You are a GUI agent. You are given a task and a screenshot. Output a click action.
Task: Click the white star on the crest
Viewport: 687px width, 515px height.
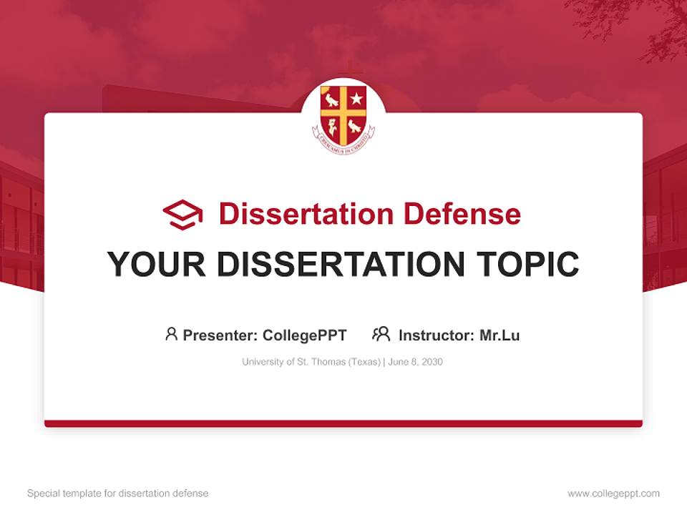[356, 99]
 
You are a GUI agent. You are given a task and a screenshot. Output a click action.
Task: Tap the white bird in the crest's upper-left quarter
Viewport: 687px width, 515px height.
[331, 99]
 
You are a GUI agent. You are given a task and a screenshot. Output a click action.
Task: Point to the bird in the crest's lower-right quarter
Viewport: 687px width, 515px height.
[355, 126]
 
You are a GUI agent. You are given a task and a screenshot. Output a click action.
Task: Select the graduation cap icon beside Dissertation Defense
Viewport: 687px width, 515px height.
[182, 214]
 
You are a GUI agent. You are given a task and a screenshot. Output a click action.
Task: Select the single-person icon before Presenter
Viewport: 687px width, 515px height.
[171, 334]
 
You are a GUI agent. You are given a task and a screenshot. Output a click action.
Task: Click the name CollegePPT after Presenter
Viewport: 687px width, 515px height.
[305, 335]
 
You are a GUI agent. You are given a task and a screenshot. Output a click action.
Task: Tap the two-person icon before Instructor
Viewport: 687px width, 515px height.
[381, 334]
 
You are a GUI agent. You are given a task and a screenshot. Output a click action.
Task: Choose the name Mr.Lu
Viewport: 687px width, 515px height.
[500, 335]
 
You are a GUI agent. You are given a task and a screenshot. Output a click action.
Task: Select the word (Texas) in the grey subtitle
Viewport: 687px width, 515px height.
[364, 362]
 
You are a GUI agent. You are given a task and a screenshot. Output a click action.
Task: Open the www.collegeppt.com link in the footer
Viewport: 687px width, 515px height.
[613, 494]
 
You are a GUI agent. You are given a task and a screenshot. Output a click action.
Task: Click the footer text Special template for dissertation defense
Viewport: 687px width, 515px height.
[118, 494]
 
